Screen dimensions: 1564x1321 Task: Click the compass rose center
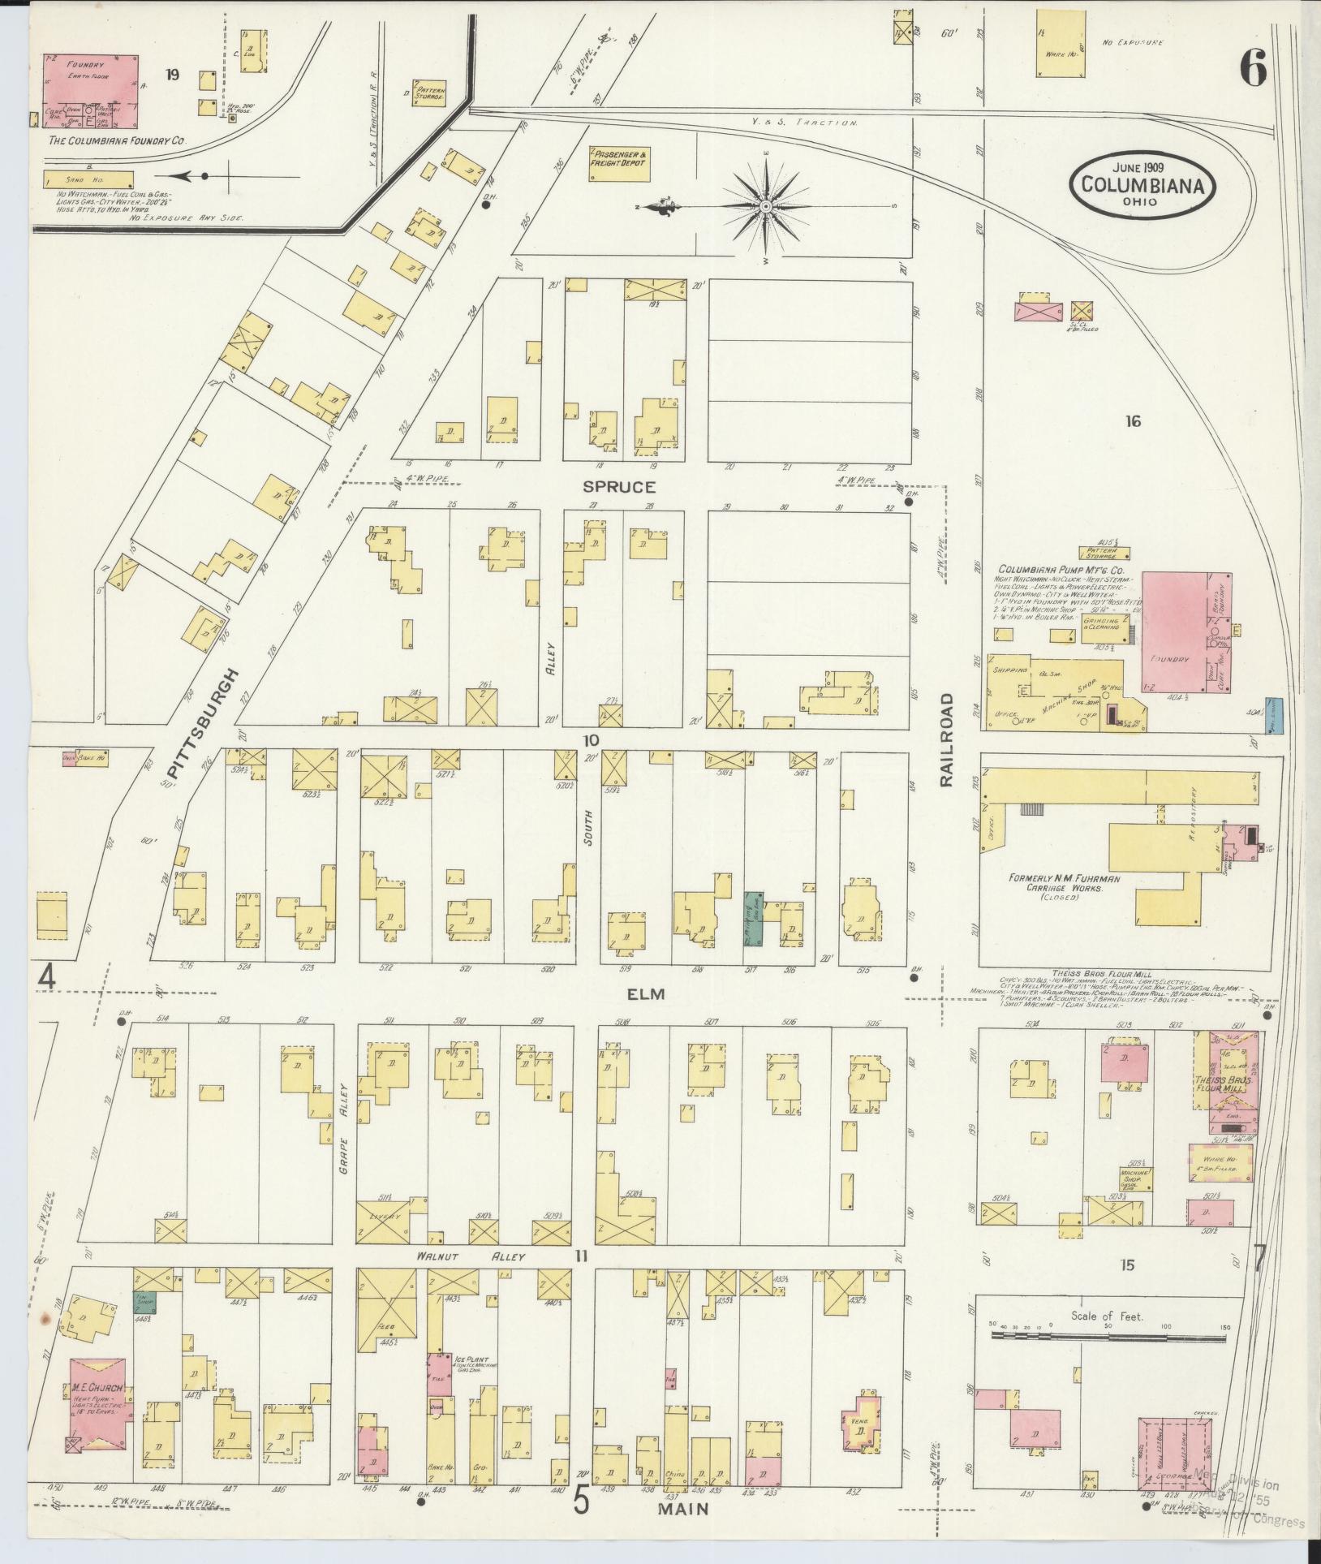(764, 208)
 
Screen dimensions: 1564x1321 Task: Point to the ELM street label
(645, 993)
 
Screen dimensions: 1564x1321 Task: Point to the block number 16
(1133, 421)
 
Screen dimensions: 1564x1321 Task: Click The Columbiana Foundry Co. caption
(117, 140)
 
